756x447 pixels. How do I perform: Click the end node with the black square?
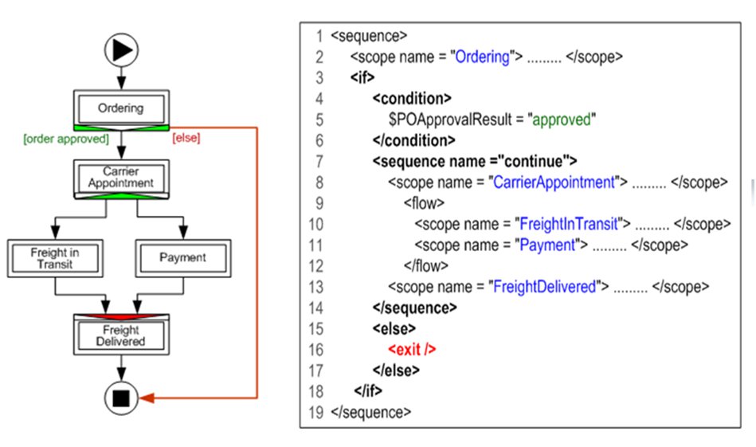[121, 397]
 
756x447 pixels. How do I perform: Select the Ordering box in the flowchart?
[120, 108]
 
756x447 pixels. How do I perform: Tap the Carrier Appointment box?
[120, 177]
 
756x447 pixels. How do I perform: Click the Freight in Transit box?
[55, 257]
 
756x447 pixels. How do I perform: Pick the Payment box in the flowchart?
[182, 257]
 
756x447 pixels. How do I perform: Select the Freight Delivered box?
[120, 335]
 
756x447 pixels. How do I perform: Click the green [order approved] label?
[65, 138]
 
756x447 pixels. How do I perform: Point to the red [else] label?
[186, 138]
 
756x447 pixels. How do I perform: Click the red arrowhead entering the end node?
[149, 397]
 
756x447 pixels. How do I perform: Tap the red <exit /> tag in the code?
[412, 349]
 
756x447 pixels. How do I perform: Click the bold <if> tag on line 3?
[362, 78]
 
